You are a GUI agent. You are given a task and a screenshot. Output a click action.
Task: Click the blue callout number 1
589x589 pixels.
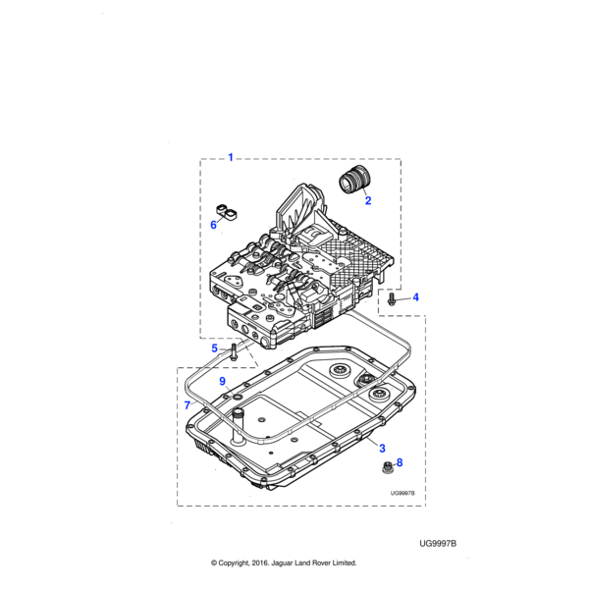point(231,157)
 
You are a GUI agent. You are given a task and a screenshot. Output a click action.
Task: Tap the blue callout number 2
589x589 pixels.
point(368,201)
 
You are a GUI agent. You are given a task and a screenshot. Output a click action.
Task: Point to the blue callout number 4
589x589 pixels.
point(415,296)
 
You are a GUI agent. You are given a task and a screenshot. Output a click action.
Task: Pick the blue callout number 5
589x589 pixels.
point(215,348)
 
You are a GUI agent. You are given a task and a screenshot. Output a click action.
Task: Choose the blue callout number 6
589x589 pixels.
point(213,225)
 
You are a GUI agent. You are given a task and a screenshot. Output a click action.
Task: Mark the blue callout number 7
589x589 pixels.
point(187,404)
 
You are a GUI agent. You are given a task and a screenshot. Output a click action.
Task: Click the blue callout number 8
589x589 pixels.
point(399,462)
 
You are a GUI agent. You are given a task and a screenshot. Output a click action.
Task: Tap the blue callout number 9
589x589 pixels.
point(222,381)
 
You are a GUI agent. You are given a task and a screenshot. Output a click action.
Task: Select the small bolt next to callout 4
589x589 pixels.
point(392,297)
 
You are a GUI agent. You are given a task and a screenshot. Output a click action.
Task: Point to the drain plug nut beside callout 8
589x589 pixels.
point(385,464)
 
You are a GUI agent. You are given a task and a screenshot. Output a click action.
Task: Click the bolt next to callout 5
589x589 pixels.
point(234,349)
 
